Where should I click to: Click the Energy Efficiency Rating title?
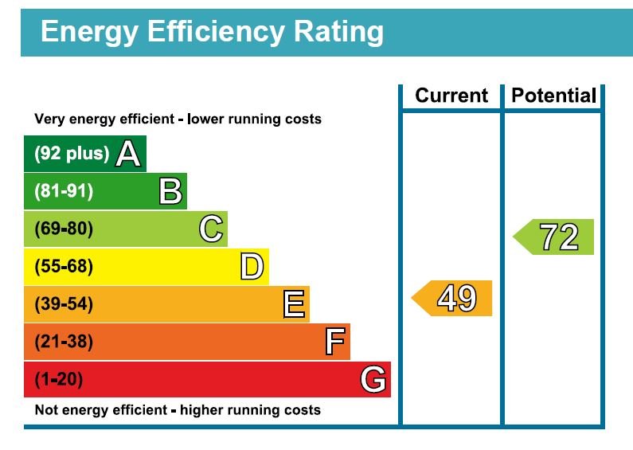(x=212, y=33)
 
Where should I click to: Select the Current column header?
(x=451, y=96)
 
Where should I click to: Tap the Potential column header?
(x=553, y=96)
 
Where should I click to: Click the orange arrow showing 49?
(x=453, y=298)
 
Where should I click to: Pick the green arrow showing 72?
(x=555, y=237)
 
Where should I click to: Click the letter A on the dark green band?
(x=128, y=154)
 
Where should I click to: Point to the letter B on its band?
(x=170, y=192)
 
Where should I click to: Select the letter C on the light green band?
(x=211, y=229)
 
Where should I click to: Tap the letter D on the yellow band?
(x=252, y=267)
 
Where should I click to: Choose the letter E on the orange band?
(x=293, y=304)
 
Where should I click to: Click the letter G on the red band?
(x=373, y=380)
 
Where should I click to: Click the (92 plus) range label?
(x=72, y=154)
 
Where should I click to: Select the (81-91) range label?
(x=64, y=192)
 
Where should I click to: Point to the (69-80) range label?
(x=64, y=229)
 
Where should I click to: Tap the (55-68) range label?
(x=64, y=267)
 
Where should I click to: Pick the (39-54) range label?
(x=64, y=304)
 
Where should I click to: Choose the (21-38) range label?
(x=64, y=342)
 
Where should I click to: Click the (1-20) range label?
(x=58, y=380)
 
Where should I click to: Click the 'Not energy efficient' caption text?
(x=178, y=411)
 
